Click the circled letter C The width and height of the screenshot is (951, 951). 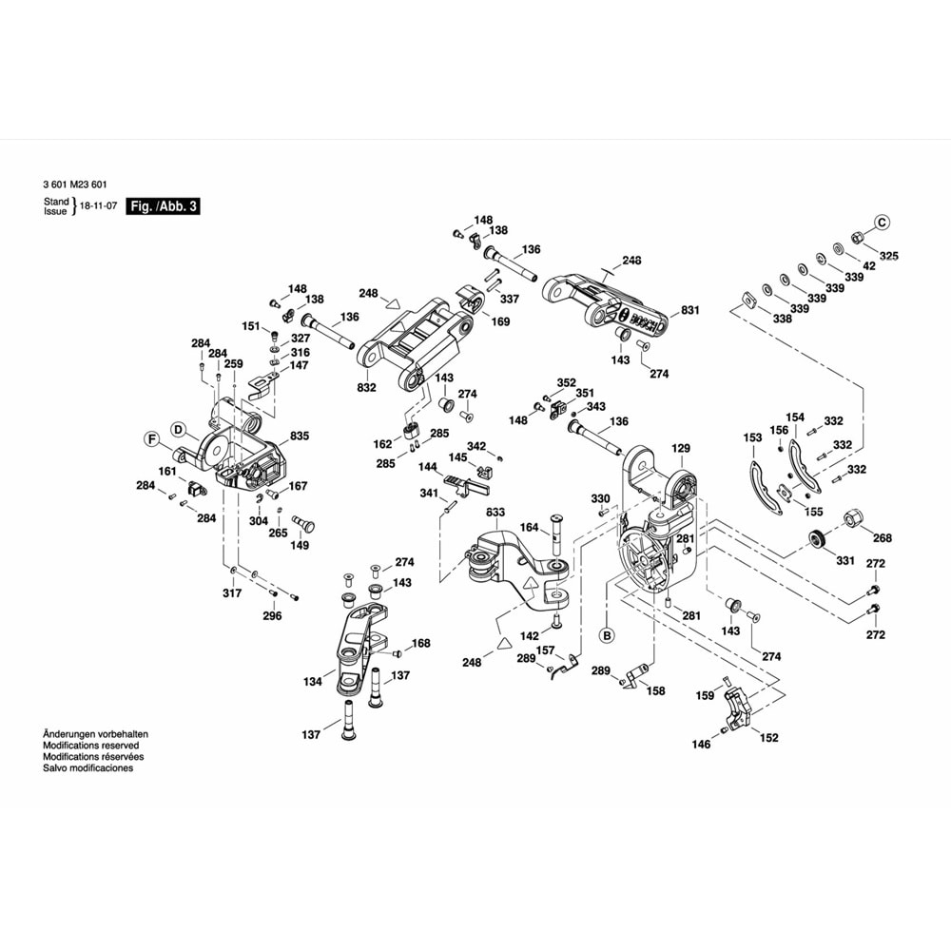(x=882, y=223)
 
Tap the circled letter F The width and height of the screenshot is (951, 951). (x=150, y=438)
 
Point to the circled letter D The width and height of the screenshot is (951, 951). (x=178, y=428)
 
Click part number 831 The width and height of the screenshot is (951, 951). (x=690, y=310)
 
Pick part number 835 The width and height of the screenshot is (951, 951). (x=301, y=436)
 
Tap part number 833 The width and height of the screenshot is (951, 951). (x=495, y=512)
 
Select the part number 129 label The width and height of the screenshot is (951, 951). (x=680, y=447)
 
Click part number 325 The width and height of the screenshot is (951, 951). (x=887, y=256)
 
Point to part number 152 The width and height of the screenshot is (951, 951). (x=768, y=737)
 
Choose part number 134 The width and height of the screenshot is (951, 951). (x=313, y=681)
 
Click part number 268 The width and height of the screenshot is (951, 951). (x=883, y=537)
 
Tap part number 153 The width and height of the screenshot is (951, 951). (x=753, y=437)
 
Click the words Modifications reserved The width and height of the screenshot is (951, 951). (x=91, y=746)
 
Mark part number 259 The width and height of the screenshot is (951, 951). (x=234, y=363)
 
